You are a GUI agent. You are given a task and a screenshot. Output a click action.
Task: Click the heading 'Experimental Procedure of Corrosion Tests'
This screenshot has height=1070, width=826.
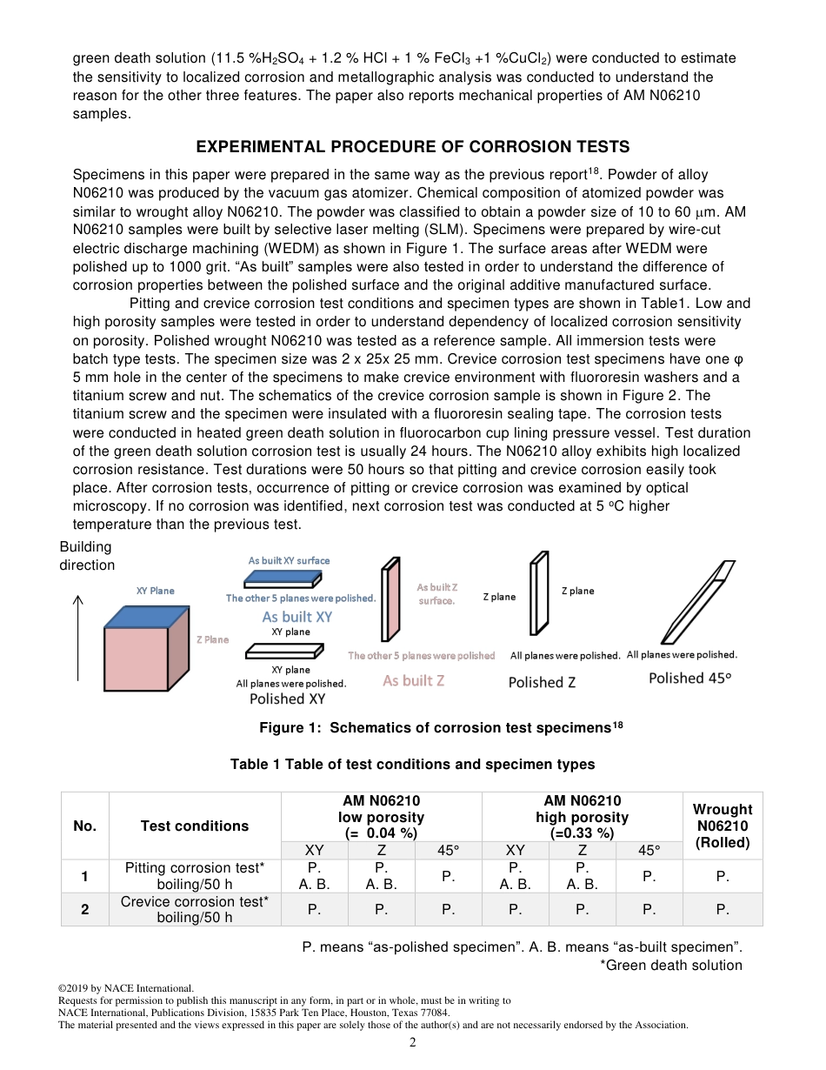pyautogui.click(x=412, y=146)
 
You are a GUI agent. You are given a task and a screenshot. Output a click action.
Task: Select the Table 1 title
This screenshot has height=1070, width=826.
pyautogui.click(x=412, y=764)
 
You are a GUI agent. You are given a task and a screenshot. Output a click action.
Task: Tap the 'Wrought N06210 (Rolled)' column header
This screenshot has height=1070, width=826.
pyautogui.click(x=722, y=826)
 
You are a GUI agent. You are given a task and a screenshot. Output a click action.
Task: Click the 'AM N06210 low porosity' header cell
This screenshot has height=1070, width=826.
pyautogui.click(x=381, y=817)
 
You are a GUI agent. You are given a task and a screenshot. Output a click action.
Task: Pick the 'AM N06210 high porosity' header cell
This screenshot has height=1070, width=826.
pyautogui.click(x=582, y=817)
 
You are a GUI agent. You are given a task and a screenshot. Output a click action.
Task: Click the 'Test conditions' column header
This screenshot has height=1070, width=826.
pyautogui.click(x=195, y=826)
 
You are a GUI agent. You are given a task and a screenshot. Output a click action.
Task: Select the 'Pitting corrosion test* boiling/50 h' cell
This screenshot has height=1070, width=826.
pyautogui.click(x=195, y=876)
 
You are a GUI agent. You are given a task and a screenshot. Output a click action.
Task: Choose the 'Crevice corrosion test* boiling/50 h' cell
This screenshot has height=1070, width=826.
pyautogui.click(x=195, y=909)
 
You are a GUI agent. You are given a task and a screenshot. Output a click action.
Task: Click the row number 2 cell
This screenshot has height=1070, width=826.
pyautogui.click(x=85, y=909)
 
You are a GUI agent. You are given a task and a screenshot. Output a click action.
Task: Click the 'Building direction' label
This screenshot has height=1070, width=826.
pyautogui.click(x=86, y=556)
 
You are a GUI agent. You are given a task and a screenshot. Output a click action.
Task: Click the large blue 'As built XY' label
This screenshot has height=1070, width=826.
pyautogui.click(x=297, y=617)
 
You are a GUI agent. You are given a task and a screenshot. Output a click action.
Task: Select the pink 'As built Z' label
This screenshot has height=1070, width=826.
pyautogui.click(x=413, y=681)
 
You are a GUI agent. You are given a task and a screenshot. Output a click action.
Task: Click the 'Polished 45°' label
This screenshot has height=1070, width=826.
pyautogui.click(x=689, y=679)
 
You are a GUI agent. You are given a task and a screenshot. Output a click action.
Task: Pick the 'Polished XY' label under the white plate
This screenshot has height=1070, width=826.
pyautogui.click(x=288, y=699)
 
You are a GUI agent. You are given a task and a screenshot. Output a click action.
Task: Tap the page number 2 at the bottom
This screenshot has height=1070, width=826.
pyautogui.click(x=413, y=1042)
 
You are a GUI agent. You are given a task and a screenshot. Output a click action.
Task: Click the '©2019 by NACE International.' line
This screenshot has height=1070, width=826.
pyautogui.click(x=126, y=988)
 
